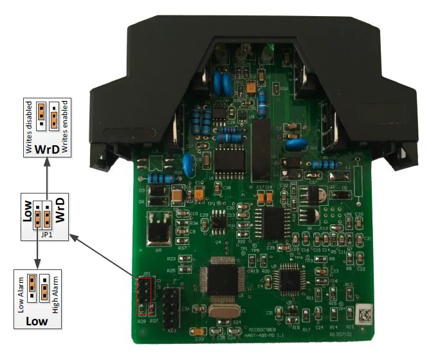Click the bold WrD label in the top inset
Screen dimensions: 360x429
click(48, 149)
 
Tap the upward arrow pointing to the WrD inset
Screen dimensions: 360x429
click(47, 176)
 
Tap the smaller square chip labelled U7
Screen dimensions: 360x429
click(288, 281)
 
